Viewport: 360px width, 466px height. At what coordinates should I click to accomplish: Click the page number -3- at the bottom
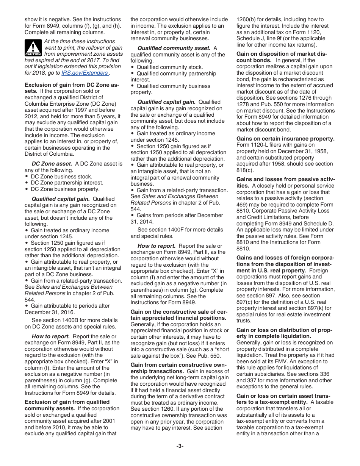coord(180,446)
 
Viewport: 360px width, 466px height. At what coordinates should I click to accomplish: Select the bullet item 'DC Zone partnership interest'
coord(67,183)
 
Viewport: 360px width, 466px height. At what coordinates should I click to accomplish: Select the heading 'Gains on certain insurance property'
coord(285,139)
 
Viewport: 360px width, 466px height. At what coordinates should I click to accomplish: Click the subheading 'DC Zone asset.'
coord(52,164)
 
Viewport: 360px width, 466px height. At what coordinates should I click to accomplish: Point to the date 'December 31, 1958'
coord(304,151)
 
